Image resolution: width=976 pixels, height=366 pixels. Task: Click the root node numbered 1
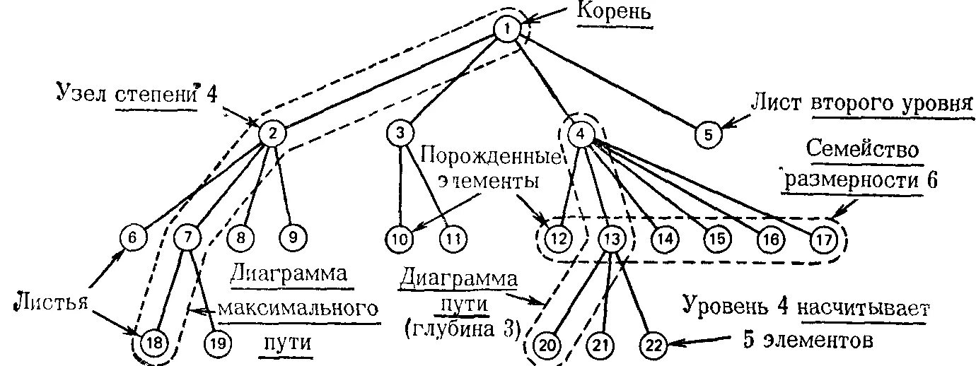[x=507, y=29]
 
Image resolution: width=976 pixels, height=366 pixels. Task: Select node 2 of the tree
[x=272, y=133]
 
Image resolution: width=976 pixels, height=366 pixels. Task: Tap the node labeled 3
[x=400, y=133]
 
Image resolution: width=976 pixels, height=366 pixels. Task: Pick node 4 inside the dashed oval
[x=580, y=134]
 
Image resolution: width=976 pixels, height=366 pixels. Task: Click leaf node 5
[x=709, y=134]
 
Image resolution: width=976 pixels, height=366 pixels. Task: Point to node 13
[x=610, y=238]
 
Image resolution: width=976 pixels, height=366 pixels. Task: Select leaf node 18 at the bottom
[x=153, y=343]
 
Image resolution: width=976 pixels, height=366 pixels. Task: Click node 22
[x=653, y=345]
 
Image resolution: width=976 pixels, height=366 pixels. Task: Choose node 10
[x=400, y=238]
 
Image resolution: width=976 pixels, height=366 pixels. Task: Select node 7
[x=186, y=238]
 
